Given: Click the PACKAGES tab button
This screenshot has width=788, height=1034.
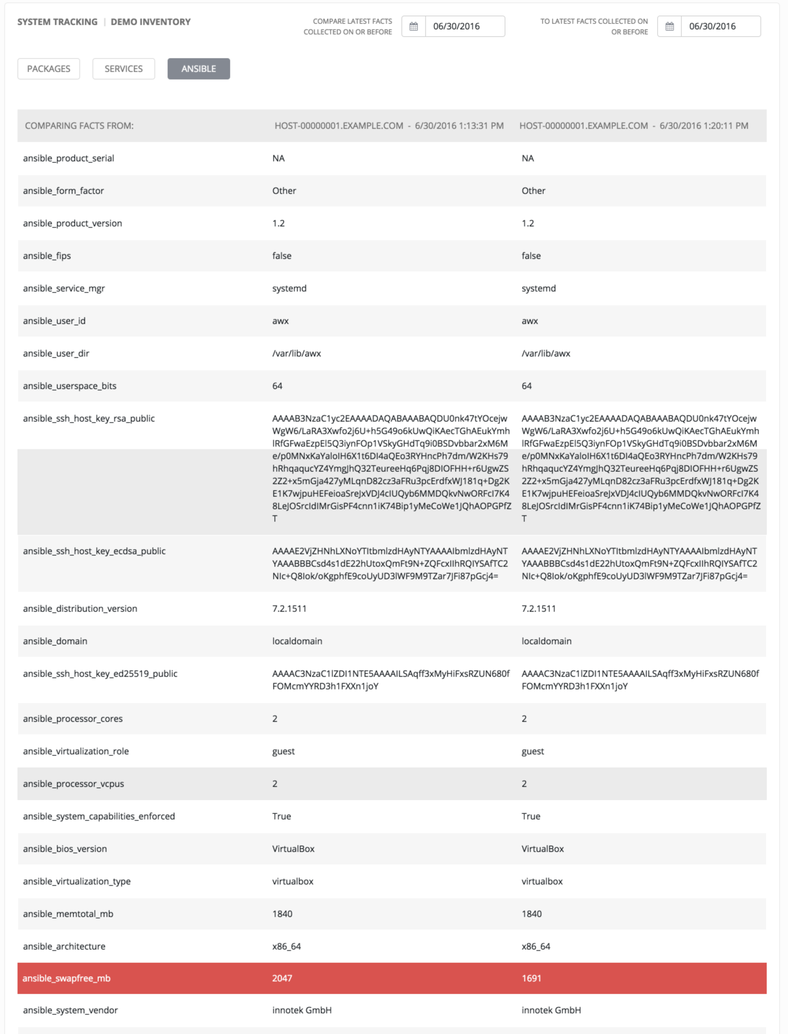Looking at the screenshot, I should coord(49,69).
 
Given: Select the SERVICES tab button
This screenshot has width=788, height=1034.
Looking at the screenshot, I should coord(123,69).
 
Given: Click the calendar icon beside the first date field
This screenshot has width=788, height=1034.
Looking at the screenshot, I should coord(413,26).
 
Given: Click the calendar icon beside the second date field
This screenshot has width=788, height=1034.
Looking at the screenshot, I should coord(669,26).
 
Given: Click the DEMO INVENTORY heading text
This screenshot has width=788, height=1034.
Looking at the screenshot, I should coord(151,22).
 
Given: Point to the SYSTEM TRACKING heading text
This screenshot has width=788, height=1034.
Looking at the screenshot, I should coord(57,22).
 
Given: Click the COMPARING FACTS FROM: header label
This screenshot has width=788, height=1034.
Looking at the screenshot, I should coord(79,126).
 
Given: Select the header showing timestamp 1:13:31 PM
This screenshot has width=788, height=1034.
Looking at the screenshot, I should coord(389,126).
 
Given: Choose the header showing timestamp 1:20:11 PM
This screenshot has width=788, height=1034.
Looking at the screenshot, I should coord(634,126).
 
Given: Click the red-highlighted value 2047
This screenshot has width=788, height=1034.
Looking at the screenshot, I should coord(282,978).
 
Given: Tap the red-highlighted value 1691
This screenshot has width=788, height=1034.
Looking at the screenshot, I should coord(532,978).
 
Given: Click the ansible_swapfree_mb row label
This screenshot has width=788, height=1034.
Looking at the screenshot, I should coord(67,978).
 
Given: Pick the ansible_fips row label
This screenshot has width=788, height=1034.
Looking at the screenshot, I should coord(47,256).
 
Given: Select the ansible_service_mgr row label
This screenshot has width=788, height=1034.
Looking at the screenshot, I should coord(64,288).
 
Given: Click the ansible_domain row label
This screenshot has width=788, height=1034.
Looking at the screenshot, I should coord(55,641).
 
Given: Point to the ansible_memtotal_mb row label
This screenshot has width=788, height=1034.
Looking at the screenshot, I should coord(68,913).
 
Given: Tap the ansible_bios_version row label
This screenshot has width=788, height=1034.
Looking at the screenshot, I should coord(65,849).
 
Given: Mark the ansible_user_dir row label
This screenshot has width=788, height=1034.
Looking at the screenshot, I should coord(56,353).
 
